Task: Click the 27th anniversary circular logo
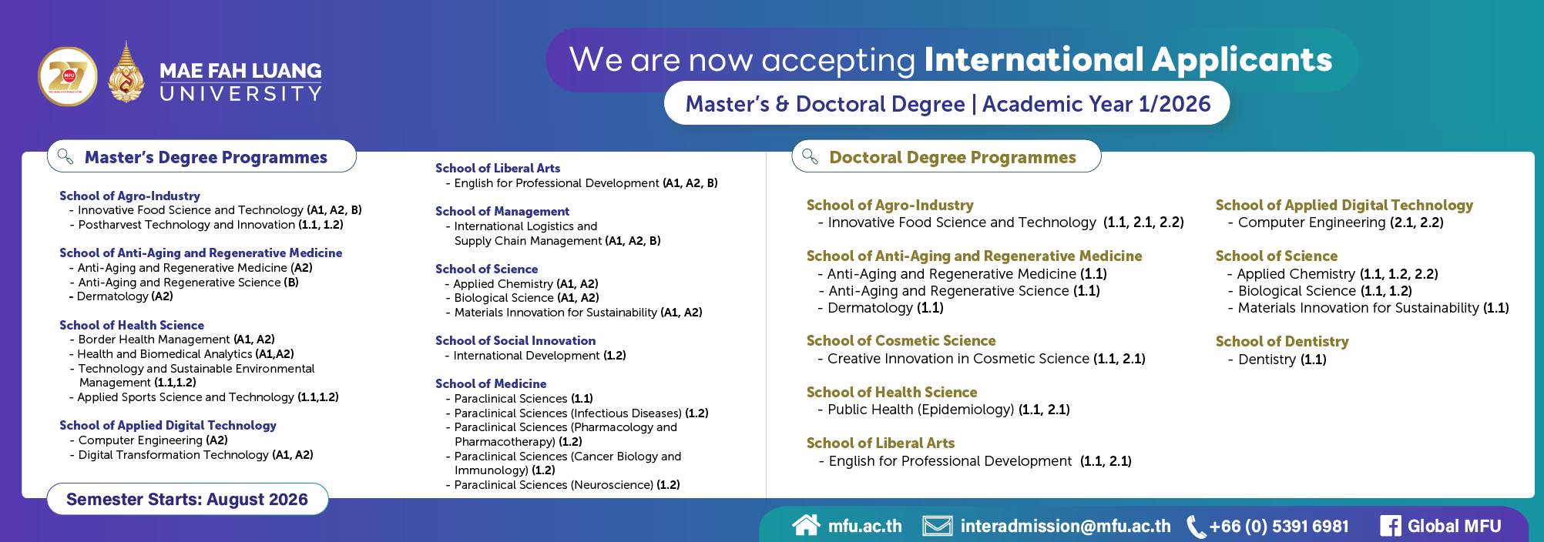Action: (68, 76)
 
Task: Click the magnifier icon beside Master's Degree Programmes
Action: (65, 156)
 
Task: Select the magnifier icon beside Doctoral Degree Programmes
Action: (810, 156)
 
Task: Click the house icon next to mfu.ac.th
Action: (806, 525)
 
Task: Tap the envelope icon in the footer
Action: (938, 526)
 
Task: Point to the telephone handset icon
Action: (1195, 527)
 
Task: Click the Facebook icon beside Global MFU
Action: (1390, 526)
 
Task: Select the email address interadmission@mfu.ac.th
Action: (1066, 526)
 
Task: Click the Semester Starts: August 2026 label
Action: (187, 499)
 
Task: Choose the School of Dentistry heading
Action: (1281, 341)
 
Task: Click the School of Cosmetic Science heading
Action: (901, 340)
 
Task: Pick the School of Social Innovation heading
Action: (515, 340)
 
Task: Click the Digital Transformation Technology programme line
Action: (195, 455)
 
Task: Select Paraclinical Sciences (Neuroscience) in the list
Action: (566, 485)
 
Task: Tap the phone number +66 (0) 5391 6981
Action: (1279, 526)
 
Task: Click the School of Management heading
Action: (502, 211)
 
